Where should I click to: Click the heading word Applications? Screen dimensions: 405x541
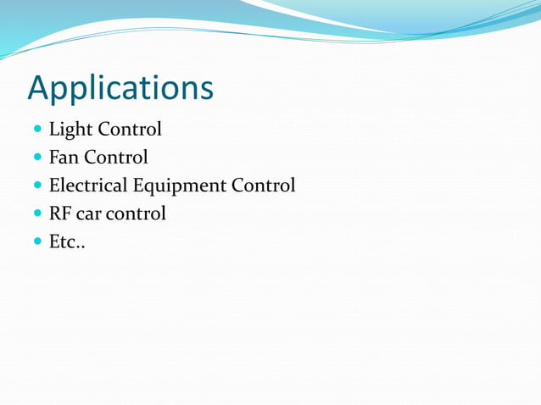(120, 88)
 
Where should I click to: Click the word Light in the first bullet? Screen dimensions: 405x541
(70, 130)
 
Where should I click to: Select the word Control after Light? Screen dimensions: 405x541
(129, 130)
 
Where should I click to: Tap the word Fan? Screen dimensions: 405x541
(64, 158)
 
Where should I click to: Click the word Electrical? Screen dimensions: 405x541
(89, 185)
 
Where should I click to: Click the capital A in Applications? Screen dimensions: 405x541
(39, 88)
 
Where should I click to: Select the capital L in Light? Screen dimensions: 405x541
(54, 130)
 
